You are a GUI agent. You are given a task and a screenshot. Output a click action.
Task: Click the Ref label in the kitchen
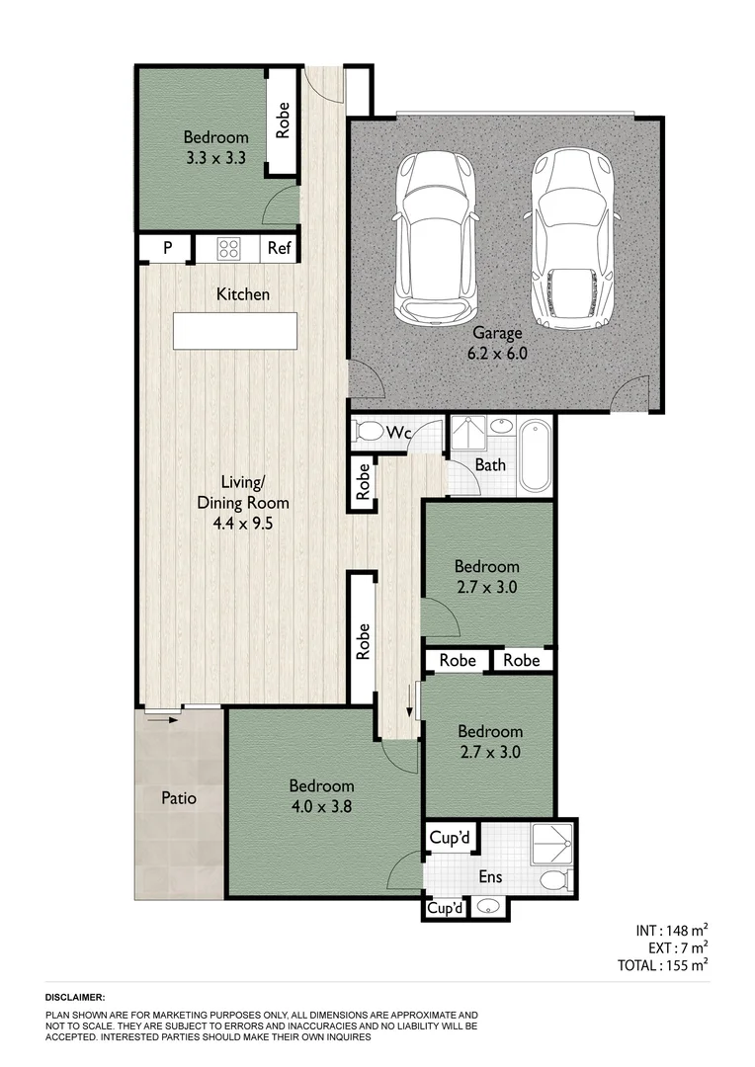(x=280, y=249)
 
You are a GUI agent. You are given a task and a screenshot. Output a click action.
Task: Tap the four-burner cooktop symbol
(x=229, y=249)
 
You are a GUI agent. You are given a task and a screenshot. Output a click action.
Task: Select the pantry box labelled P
(x=167, y=249)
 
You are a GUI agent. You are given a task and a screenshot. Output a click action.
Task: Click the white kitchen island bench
(x=235, y=330)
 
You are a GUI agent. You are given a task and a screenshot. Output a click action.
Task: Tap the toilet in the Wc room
(x=371, y=432)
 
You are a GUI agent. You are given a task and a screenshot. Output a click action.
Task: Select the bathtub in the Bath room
(x=534, y=455)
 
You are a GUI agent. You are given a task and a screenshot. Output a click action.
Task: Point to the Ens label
(x=490, y=876)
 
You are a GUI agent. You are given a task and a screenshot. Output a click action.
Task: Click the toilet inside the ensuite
(x=554, y=878)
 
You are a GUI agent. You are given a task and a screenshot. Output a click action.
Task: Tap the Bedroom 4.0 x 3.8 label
(x=321, y=795)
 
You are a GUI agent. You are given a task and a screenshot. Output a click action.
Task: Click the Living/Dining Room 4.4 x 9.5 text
(x=243, y=504)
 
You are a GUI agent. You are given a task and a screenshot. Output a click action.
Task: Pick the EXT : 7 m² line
(x=672, y=947)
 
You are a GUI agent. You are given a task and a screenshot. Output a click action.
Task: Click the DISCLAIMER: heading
(x=75, y=998)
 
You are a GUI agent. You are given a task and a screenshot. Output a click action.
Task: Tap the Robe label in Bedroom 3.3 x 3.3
(x=284, y=121)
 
